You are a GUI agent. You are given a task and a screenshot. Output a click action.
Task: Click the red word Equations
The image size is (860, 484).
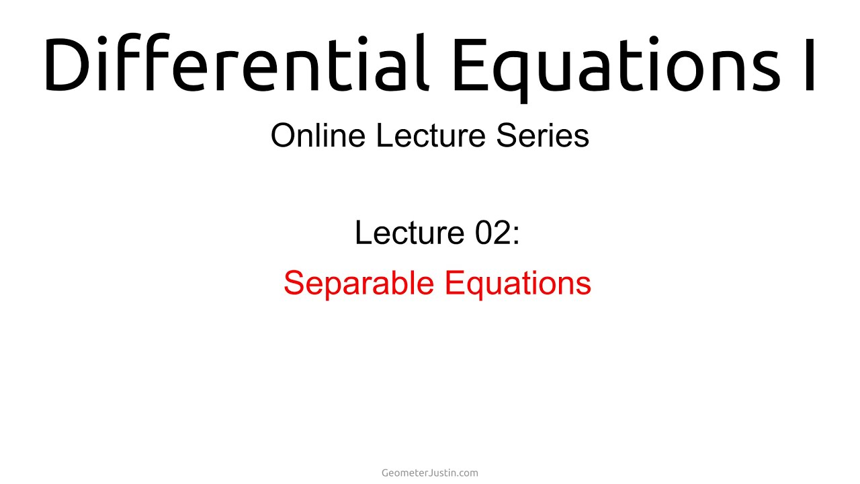click(x=518, y=283)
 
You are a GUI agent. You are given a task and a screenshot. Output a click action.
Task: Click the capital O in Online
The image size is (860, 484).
click(x=283, y=135)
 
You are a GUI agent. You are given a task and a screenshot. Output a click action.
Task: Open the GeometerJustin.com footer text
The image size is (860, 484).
click(x=430, y=473)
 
